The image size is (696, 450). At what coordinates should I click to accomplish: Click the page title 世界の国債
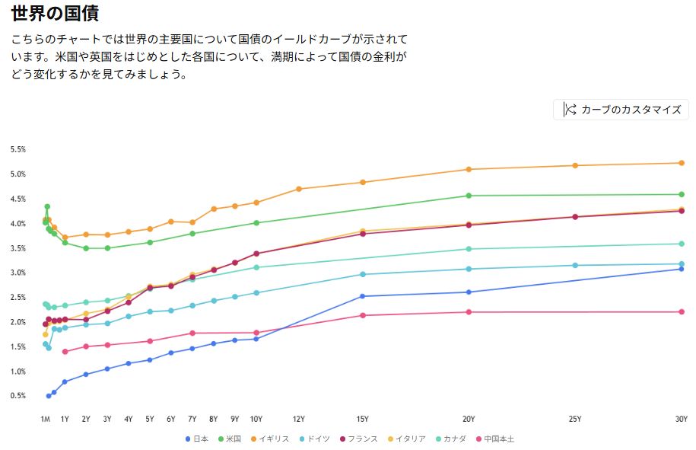(55, 13)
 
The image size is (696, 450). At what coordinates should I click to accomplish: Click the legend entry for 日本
(200, 439)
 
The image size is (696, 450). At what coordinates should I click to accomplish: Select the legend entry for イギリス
(274, 439)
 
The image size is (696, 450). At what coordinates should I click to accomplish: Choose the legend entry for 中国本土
(499, 439)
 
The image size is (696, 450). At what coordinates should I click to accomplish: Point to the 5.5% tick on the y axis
(18, 149)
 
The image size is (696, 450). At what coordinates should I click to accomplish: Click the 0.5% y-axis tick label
(18, 396)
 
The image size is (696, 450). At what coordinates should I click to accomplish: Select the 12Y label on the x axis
(299, 419)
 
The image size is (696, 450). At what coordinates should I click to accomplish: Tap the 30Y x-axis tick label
(681, 419)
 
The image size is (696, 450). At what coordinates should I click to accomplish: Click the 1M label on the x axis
(46, 419)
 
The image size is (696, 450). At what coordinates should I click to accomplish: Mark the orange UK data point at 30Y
(682, 163)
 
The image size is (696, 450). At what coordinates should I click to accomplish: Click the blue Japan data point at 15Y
(363, 296)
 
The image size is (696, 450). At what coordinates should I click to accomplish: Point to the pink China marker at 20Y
(469, 312)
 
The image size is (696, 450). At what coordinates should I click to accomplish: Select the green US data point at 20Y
(469, 196)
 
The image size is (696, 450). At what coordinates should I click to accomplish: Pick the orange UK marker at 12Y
(299, 189)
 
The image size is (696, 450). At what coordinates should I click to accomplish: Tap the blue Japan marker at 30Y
(682, 269)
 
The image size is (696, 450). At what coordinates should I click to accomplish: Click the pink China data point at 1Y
(65, 352)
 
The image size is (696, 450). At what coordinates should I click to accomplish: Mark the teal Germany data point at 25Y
(575, 265)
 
